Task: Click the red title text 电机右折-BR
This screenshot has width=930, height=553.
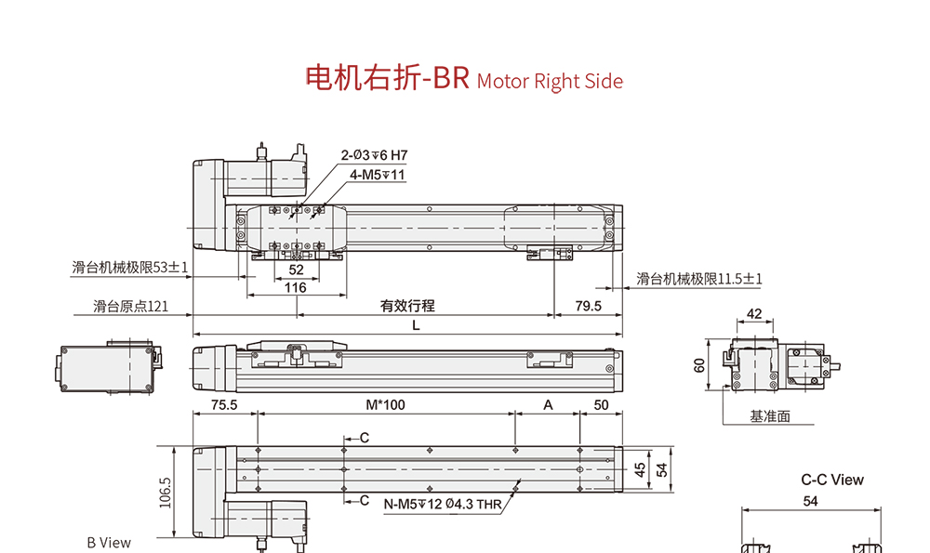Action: tap(388, 78)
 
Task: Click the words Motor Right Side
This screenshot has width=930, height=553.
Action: tap(550, 82)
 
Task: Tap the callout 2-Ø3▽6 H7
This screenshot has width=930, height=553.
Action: tap(375, 155)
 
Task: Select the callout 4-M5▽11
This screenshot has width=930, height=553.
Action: tap(378, 174)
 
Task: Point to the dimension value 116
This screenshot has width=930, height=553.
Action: tap(296, 288)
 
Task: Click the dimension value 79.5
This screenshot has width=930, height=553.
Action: tap(589, 306)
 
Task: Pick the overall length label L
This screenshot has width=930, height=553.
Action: tap(416, 325)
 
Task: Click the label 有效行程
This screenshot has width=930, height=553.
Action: tap(407, 306)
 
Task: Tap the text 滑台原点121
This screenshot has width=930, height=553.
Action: tap(131, 306)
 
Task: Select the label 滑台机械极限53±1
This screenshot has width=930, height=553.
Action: tap(130, 268)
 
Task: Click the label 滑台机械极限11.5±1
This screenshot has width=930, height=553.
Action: tap(699, 279)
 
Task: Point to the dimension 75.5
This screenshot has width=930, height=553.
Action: tap(224, 404)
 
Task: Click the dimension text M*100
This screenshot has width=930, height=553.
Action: tap(385, 404)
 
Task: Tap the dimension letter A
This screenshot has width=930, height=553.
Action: tap(548, 404)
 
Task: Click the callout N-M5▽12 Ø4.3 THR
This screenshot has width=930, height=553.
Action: tap(442, 507)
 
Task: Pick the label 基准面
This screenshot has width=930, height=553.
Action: tap(770, 416)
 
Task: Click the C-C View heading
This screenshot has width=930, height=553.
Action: tap(832, 481)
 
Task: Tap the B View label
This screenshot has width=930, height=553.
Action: tap(109, 543)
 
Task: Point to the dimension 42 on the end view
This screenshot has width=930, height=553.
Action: tap(754, 314)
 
